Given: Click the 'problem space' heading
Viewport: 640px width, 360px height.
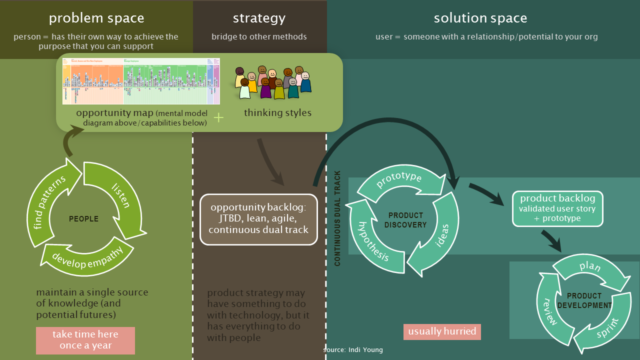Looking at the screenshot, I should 96,18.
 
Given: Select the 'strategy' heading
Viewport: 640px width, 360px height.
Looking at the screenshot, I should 259,18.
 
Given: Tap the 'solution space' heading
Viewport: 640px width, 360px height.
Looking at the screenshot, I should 480,18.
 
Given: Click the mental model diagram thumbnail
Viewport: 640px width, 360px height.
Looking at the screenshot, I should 141,81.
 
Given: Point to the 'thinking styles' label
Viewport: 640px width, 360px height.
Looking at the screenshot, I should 277,113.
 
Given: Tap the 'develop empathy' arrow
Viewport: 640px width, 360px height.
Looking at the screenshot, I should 87,257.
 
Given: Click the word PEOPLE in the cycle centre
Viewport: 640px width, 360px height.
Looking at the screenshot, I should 83,219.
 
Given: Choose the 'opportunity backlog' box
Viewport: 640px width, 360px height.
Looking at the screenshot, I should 258,219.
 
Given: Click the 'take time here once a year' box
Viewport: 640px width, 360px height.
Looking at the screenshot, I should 85,340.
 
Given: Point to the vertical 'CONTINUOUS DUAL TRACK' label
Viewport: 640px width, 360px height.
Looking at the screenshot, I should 337,218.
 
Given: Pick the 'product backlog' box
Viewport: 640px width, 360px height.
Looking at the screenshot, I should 557,208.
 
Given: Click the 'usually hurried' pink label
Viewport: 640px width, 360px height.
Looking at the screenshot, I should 442,331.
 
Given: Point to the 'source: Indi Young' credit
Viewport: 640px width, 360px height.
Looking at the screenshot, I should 353,350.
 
